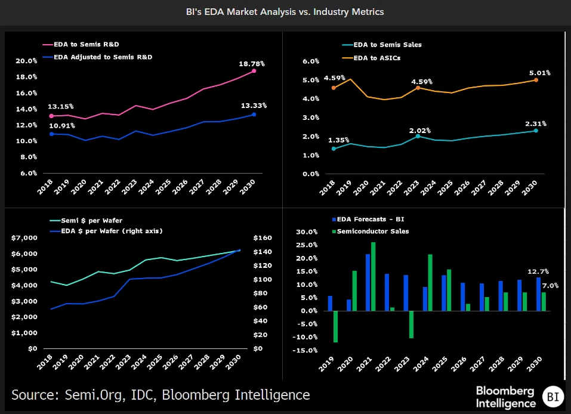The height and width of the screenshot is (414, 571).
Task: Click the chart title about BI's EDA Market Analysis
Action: tap(285, 11)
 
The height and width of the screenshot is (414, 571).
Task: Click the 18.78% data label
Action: tap(252, 63)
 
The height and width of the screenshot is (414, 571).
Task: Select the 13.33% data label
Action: tap(254, 105)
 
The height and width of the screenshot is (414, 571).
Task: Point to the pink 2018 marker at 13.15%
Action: tap(51, 116)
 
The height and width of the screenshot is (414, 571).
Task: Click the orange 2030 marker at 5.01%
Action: tap(535, 80)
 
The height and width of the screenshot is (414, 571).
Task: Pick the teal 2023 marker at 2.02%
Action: tap(418, 137)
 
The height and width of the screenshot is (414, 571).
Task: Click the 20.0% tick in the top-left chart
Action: tap(26, 61)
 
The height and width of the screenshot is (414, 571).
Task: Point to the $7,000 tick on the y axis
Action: tap(24, 238)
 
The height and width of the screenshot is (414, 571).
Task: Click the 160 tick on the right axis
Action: tap(263, 238)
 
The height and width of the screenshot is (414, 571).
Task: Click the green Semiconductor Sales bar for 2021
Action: tap(374, 276)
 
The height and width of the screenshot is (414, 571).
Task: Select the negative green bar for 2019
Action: tap(336, 326)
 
